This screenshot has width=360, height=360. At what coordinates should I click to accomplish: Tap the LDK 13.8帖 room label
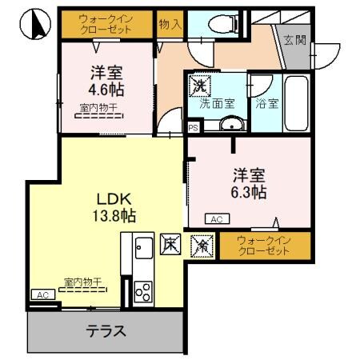pos(114,206)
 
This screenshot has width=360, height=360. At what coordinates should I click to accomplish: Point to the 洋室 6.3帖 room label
pos(249,183)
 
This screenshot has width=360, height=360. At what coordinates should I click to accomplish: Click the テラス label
pos(106,330)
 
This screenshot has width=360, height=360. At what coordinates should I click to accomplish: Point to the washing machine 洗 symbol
pos(196,84)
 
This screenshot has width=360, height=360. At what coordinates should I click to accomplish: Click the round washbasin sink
pos(230,124)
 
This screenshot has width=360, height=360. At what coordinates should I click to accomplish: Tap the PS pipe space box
pos(193,126)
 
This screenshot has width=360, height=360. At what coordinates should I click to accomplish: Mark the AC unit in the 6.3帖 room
pos(214,218)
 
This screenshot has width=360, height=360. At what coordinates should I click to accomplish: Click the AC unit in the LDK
pos(41,294)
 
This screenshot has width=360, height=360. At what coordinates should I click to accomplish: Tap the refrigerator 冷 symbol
pos(201,245)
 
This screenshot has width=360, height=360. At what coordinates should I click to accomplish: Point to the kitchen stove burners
pos(143,292)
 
